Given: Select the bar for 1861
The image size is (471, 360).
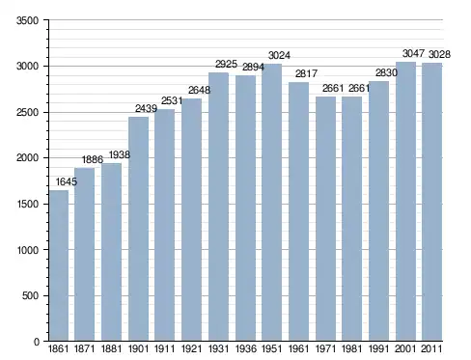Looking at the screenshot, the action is point(59,265).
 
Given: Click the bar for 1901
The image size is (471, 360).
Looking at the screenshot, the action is point(139,229).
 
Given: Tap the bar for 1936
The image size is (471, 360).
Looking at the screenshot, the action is point(245,208).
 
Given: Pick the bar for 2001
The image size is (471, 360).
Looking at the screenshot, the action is point(405,202).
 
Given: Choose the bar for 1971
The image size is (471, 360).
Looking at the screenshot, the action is point(325,219).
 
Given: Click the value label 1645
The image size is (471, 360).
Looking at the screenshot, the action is point(67,181).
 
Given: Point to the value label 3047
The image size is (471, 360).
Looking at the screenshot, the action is point(413,53).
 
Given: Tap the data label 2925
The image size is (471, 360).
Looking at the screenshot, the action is point(226,64).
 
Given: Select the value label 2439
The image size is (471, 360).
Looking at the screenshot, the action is point(146,108).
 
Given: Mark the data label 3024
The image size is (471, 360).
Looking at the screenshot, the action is point(279,55).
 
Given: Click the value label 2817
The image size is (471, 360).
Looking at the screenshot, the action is point(306,73).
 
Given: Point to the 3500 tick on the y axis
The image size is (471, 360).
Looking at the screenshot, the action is point(28,20).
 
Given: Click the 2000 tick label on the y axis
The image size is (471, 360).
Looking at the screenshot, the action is point(28,158).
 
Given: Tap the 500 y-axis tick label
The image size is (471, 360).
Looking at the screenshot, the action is point(31,295).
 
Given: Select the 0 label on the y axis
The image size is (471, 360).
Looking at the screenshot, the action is point(37,342).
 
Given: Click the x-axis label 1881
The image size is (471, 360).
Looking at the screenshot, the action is point(112,348).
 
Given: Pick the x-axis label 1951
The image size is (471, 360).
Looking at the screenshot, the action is point(272,348).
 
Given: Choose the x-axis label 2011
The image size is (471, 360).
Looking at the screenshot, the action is point(431,348).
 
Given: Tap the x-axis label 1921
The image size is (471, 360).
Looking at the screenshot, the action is point(192,348).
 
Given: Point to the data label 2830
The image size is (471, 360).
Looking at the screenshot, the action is point(386,72).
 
